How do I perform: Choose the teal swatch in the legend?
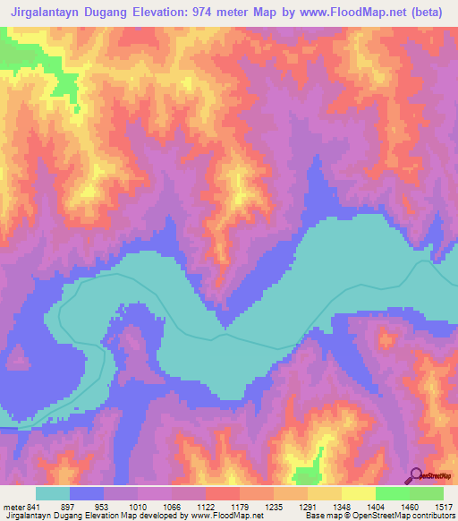(x=53, y=494)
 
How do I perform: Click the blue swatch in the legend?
(x=87, y=494)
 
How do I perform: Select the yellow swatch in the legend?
(x=359, y=494)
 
